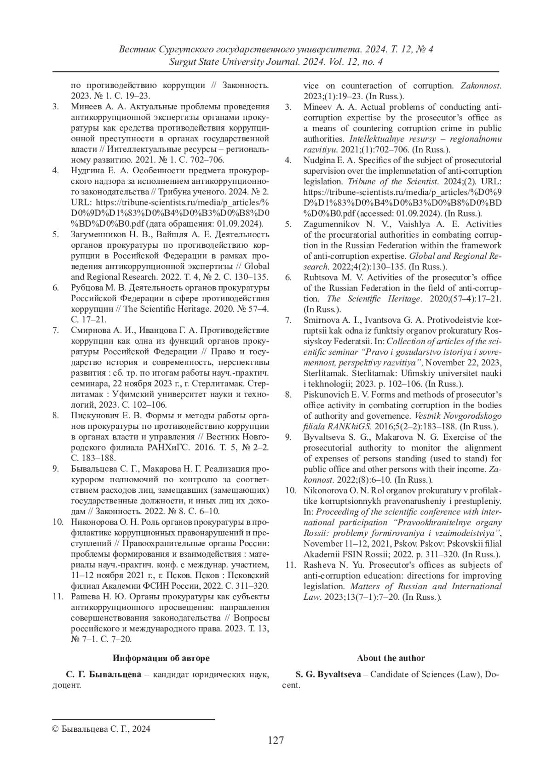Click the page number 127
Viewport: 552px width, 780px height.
(276, 740)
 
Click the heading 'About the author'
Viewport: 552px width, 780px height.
(391, 658)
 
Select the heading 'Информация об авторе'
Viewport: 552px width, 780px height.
(161, 658)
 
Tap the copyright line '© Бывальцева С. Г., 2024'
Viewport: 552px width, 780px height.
(101, 729)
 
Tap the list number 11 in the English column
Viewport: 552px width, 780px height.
(290, 565)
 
